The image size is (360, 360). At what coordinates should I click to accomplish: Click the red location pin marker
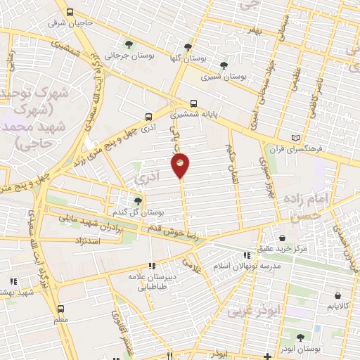pos(181,164)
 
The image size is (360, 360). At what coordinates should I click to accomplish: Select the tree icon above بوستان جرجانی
pos(127,43)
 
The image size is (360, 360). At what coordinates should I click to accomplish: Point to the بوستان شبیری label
pos(223,77)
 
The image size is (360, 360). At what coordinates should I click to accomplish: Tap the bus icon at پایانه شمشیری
pos(193,102)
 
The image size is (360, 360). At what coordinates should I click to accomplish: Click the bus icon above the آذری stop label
pos(148,117)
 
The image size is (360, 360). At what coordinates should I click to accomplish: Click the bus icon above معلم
pos(60,309)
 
